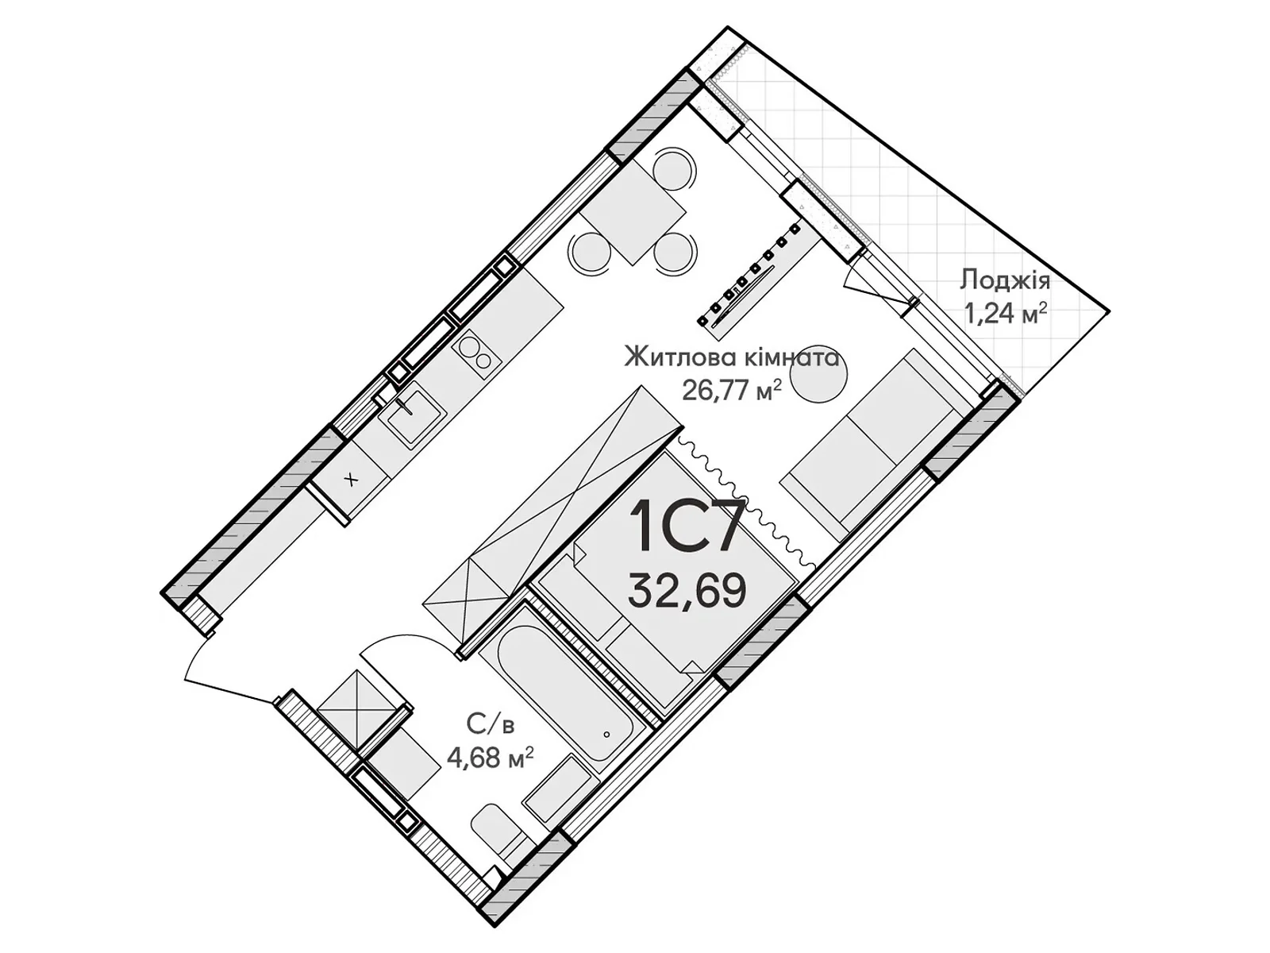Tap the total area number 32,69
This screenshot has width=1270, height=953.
pos(687,590)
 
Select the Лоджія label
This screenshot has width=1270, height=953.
pos(1005,280)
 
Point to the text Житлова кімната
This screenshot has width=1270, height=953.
pos(731,357)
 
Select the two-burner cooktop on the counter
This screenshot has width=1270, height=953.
pos(475,352)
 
